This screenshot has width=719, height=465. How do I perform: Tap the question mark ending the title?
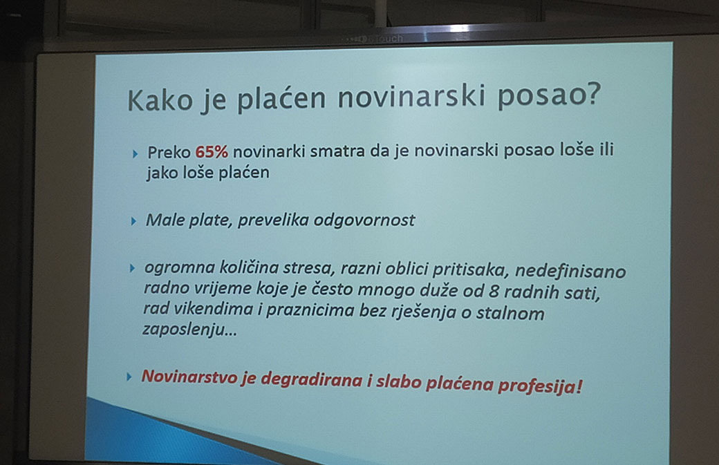592,94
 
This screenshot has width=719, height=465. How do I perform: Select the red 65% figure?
212,152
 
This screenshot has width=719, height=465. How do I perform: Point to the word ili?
607,149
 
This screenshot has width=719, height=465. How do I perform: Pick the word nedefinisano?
570,272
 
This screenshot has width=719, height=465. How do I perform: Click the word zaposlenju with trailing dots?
189,330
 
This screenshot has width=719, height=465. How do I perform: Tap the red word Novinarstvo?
190,377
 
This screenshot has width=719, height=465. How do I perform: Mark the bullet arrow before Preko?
135,154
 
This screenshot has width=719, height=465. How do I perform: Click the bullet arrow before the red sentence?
129,377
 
